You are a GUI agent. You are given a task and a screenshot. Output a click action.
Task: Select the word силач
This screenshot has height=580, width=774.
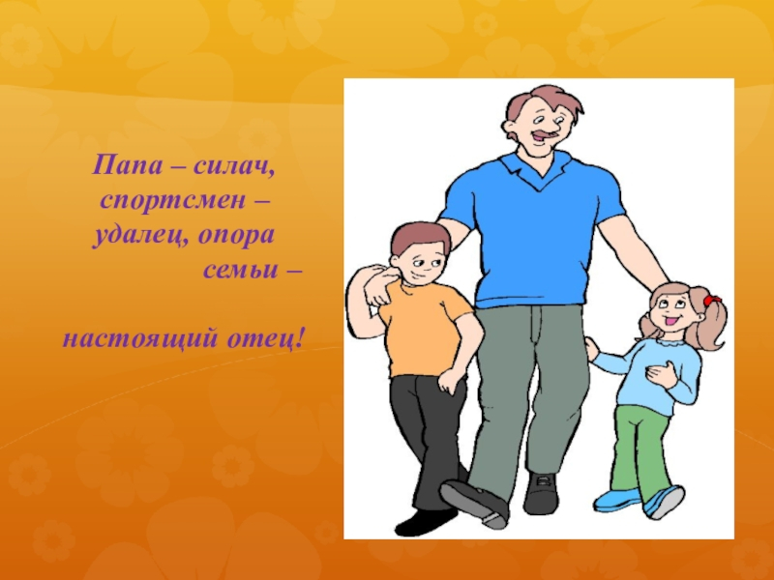tap(233, 166)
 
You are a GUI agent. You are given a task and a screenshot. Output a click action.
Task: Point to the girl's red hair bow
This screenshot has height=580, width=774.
tap(712, 303)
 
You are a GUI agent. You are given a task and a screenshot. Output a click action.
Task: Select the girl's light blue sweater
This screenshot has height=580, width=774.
tap(668, 372)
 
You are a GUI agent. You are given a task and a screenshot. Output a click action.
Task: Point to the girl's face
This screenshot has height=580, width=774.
tap(670, 310)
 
